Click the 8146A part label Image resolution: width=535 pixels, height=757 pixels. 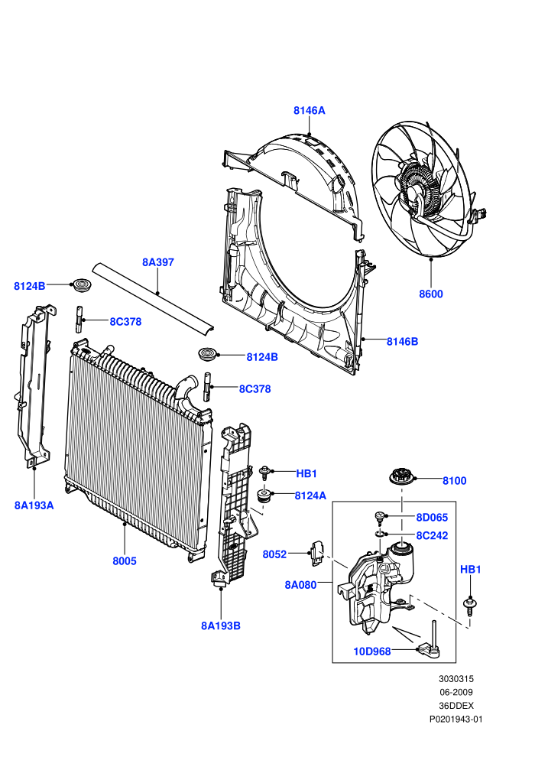[x=310, y=111]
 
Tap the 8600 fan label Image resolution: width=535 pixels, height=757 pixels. [x=431, y=294]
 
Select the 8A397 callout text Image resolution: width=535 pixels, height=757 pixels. [x=157, y=262]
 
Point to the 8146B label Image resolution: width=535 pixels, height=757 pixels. [x=402, y=341]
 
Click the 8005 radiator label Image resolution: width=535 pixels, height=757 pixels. [x=125, y=561]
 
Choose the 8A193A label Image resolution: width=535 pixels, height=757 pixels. [x=34, y=505]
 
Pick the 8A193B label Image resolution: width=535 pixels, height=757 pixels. [x=220, y=625]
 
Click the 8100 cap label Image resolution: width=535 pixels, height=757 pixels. [x=455, y=480]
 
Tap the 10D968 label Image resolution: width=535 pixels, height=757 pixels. [x=372, y=651]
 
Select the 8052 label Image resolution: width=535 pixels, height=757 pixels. [x=274, y=554]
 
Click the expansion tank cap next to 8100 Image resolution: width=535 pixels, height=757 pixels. [x=401, y=476]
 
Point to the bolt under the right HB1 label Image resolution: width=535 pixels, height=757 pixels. [x=469, y=606]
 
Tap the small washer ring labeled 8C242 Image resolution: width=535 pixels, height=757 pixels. [x=380, y=534]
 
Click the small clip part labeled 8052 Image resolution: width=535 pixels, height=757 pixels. [x=316, y=552]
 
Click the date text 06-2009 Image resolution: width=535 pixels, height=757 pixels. [x=456, y=692]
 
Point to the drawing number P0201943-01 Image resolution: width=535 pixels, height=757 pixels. [x=456, y=720]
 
